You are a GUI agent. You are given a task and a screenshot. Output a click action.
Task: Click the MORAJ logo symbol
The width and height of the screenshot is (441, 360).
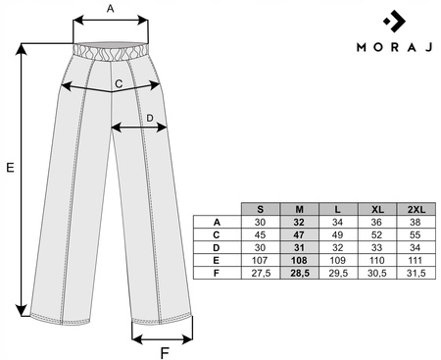[395, 22]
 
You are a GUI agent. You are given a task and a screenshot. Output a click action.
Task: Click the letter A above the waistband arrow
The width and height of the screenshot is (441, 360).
[111, 9]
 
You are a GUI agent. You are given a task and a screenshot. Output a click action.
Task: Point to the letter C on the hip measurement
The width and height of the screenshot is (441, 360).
[119, 84]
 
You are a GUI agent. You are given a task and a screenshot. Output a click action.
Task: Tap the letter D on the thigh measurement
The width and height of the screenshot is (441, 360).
[150, 118]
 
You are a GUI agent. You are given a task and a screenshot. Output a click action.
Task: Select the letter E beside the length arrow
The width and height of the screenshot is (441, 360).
[11, 168]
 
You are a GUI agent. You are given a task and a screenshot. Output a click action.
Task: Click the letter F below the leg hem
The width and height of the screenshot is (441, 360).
[165, 353]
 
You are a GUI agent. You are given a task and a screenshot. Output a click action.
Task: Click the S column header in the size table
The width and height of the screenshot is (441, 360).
[261, 209]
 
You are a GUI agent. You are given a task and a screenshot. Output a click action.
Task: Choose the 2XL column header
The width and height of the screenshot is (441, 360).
[416, 209]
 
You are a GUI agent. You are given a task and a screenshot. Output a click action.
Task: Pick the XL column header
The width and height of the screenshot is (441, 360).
[377, 209]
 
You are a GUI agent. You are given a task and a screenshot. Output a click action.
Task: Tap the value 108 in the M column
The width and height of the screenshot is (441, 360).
[299, 260]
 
